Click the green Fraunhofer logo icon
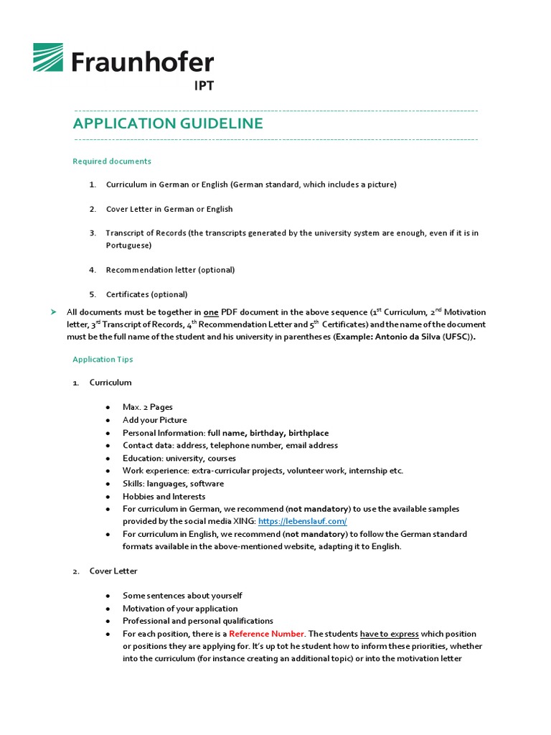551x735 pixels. point(49,58)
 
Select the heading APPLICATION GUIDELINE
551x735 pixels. point(168,123)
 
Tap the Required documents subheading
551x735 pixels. point(112,161)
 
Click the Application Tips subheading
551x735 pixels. point(103,359)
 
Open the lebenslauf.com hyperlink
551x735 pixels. point(302,521)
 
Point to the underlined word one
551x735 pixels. point(211,312)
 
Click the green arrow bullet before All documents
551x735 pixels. point(53,312)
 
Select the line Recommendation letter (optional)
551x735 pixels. point(170,270)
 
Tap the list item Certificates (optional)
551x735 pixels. point(146,294)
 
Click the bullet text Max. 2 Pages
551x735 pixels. point(147,407)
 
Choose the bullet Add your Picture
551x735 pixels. point(154,420)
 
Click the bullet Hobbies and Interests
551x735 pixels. point(164,496)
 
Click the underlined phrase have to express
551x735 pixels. point(389,634)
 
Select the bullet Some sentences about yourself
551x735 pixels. point(182,596)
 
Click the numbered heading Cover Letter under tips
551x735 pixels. point(113,571)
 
